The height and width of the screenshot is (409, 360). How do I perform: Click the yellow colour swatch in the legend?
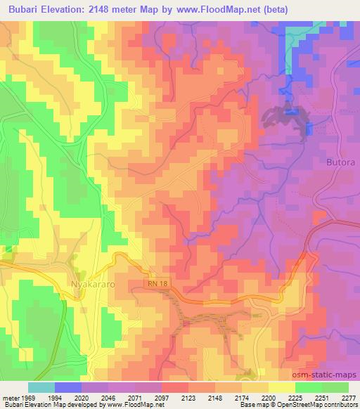281,387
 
